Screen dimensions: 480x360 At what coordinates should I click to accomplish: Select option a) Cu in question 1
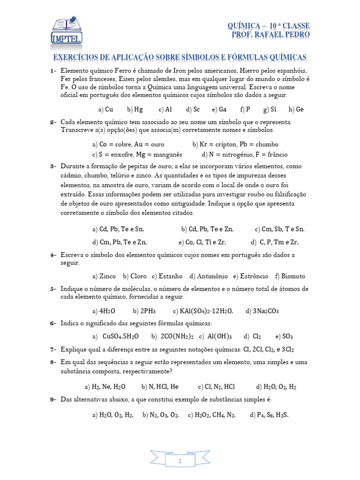(x=105, y=109)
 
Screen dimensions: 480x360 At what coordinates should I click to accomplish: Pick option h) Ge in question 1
(x=296, y=109)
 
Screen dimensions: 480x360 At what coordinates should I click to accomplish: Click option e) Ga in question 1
(x=219, y=109)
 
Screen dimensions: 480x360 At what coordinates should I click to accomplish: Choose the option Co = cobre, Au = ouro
(x=128, y=144)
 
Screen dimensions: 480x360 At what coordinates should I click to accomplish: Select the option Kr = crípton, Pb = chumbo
(x=235, y=144)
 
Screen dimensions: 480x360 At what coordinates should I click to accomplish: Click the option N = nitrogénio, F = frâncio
(x=245, y=154)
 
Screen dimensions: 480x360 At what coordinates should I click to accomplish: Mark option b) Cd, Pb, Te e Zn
(x=207, y=229)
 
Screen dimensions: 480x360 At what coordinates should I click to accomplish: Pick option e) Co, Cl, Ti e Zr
(x=202, y=242)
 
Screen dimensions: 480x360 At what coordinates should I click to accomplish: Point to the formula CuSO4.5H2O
(x=120, y=336)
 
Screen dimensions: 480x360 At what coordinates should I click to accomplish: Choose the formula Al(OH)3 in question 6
(x=220, y=336)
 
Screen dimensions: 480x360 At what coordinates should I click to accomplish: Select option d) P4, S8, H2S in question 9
(x=269, y=415)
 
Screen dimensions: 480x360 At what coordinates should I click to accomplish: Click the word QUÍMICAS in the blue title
(x=285, y=57)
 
